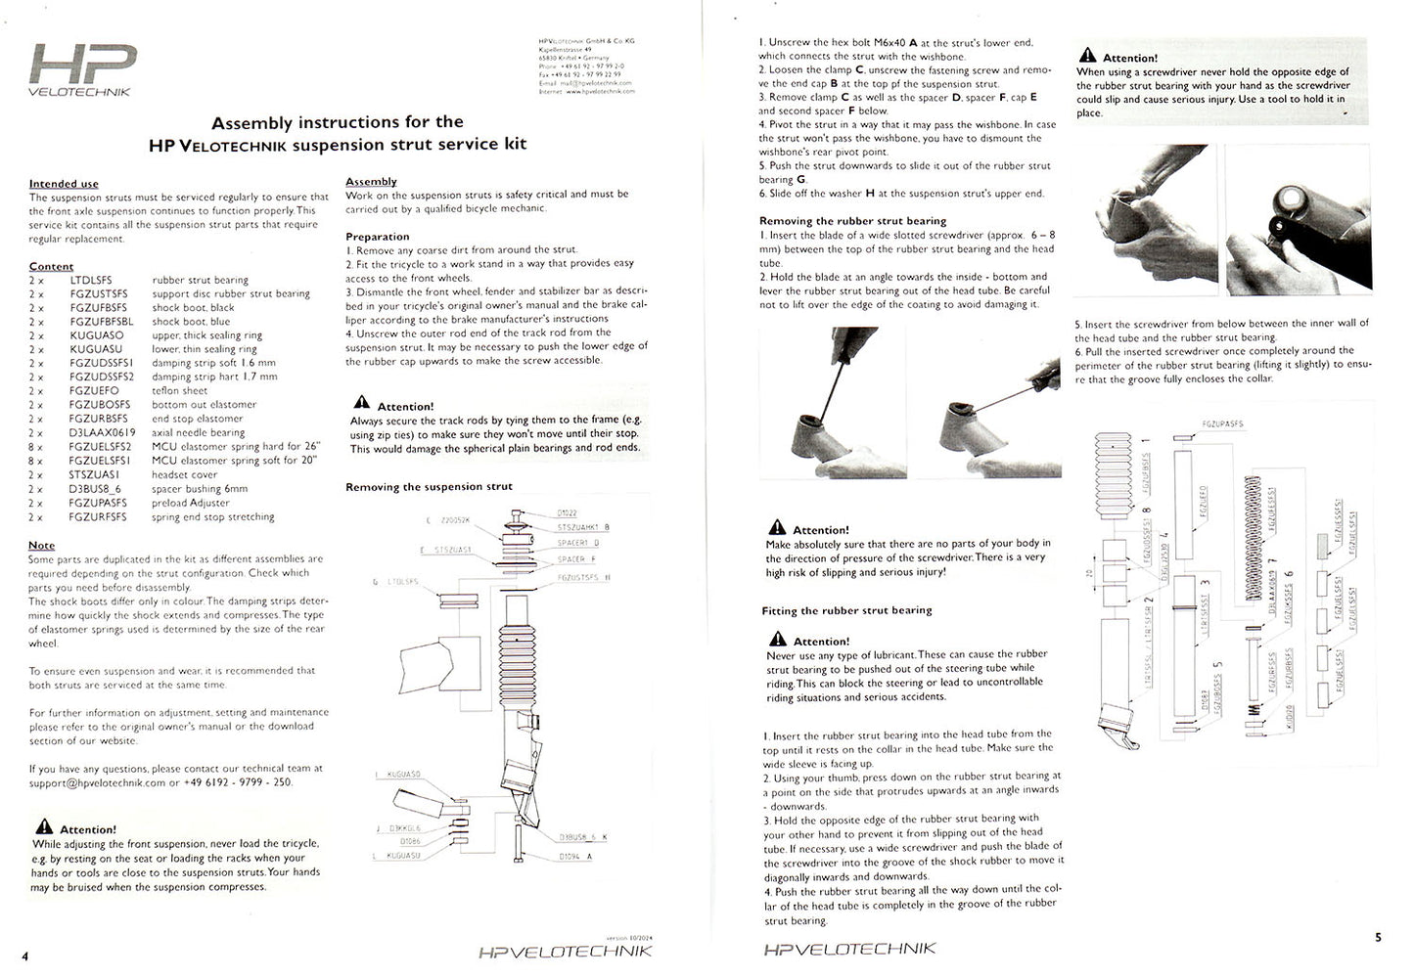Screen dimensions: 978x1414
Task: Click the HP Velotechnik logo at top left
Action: point(82,69)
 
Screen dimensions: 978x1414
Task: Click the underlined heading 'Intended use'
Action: point(64,184)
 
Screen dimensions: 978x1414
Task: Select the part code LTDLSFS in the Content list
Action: point(91,280)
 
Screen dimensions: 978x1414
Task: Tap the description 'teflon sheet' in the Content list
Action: point(180,390)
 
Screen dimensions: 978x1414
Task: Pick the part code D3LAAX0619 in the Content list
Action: point(102,432)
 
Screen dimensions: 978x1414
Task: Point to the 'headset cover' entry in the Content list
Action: point(184,474)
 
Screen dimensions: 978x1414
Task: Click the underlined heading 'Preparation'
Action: point(377,237)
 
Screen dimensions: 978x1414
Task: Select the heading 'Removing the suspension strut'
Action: point(429,487)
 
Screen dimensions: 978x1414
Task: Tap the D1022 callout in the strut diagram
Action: point(567,512)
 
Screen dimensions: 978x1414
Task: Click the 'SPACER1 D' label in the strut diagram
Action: point(577,543)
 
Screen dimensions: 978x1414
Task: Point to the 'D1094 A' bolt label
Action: point(575,856)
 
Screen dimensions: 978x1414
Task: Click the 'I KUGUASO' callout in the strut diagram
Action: point(399,775)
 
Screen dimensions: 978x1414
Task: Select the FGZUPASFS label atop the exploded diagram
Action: point(1221,424)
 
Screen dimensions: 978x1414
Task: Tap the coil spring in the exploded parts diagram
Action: point(1251,538)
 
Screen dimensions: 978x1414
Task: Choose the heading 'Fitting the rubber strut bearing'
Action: point(846,610)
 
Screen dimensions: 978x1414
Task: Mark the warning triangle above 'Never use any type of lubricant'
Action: point(777,640)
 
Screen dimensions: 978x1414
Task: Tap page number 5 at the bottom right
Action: point(1378,937)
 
